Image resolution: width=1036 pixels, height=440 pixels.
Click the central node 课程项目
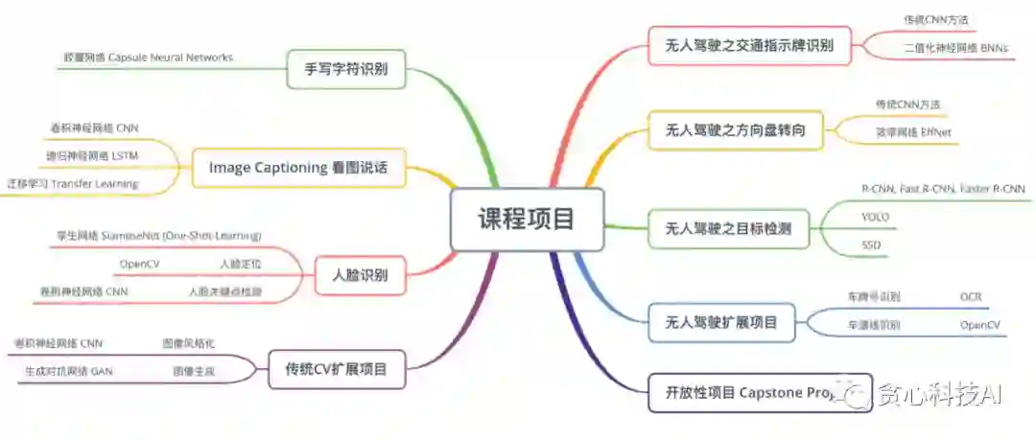point(528,219)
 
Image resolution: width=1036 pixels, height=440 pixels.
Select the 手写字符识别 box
point(346,69)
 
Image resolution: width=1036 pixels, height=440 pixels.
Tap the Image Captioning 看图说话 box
point(297,167)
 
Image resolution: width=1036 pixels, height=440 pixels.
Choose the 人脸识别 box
point(360,275)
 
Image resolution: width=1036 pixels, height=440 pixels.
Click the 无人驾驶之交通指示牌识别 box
point(749,44)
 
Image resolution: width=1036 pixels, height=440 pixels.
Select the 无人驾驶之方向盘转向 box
point(736,130)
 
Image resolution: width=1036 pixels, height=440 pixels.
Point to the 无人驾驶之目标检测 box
point(728,228)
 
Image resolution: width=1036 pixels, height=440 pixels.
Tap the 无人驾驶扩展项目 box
point(720,322)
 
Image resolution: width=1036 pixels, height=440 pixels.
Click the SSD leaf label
point(871,245)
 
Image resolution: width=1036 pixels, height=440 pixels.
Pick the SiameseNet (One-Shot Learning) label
point(159,235)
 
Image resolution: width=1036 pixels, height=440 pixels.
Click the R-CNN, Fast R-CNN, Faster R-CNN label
point(943,189)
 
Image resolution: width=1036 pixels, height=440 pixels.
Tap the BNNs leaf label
point(954,46)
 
